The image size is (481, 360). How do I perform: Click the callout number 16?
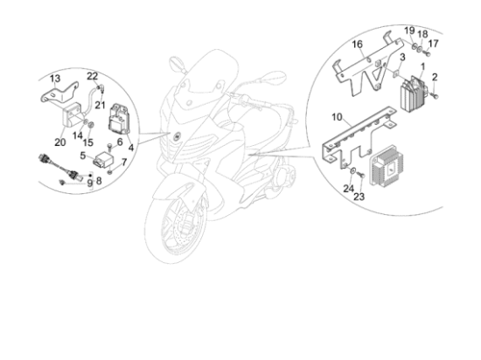357,45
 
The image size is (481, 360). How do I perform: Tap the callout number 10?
337,117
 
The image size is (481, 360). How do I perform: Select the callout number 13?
55,79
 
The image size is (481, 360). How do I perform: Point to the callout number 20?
60,142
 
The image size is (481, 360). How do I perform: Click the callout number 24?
348,189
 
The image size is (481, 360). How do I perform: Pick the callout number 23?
359,197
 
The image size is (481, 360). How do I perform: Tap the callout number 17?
433,44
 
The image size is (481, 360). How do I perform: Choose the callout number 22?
92,76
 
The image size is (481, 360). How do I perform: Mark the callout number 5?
83,156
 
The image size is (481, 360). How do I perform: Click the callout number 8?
99,181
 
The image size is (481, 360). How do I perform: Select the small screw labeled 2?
435,96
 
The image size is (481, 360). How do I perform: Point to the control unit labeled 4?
119,119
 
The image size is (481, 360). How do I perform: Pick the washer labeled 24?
353,170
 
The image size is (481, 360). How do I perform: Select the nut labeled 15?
91,125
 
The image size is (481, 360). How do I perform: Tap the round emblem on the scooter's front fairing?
178,137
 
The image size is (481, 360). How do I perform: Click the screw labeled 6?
109,147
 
